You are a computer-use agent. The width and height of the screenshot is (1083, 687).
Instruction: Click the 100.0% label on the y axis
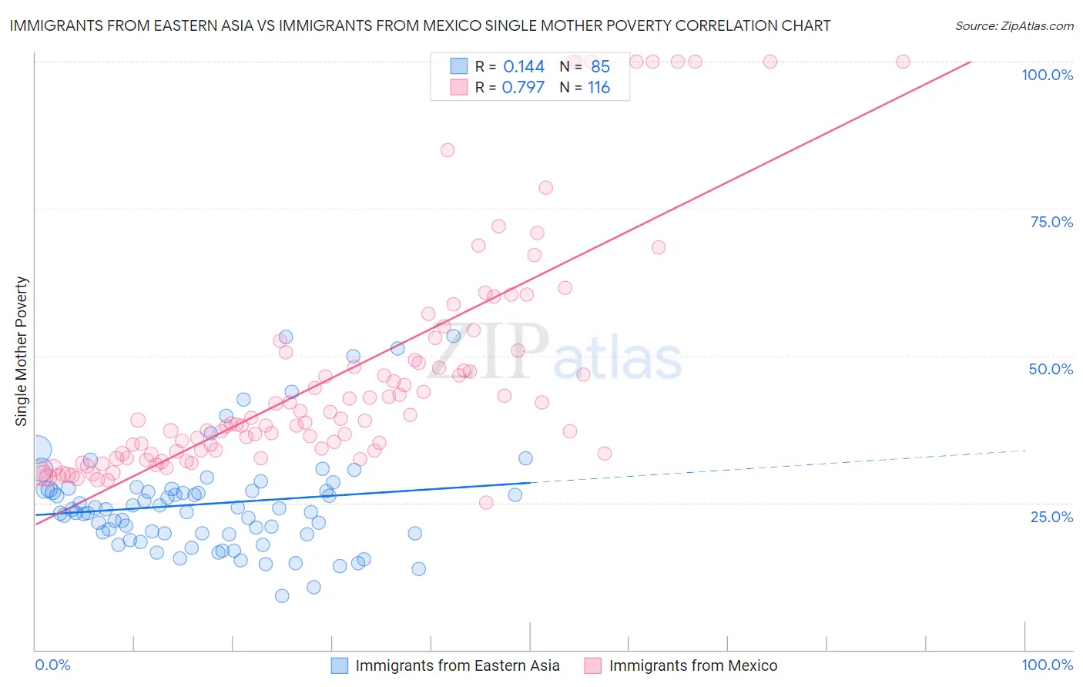(x=1047, y=75)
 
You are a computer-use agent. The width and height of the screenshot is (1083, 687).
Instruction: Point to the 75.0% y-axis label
(x=1051, y=222)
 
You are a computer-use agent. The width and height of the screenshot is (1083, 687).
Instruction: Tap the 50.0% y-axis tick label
(x=1051, y=369)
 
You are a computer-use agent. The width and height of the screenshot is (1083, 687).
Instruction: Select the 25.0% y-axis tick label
(x=1051, y=516)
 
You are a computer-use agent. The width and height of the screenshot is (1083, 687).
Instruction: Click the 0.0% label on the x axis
(x=52, y=665)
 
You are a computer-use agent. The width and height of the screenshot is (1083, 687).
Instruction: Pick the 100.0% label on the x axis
(x=1047, y=665)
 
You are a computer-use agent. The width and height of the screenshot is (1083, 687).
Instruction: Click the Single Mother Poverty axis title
(x=21, y=351)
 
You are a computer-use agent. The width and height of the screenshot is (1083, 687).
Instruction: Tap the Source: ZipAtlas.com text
(x=1014, y=25)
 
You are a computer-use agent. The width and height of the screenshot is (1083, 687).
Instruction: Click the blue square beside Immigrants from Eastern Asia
(x=340, y=665)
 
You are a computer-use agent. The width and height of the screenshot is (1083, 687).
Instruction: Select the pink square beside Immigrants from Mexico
(x=592, y=665)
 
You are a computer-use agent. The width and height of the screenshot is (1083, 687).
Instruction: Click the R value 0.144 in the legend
(x=524, y=67)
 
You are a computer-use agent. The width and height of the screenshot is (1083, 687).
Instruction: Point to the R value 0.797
(x=523, y=88)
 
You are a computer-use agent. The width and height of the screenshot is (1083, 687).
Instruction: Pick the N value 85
(x=600, y=67)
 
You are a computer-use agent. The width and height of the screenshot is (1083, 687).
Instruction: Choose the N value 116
(x=598, y=88)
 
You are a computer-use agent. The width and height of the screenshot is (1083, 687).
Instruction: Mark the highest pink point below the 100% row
(x=448, y=150)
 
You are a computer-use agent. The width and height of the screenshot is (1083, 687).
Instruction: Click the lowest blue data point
(x=282, y=596)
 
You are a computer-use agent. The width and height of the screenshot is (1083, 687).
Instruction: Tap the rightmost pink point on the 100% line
(x=903, y=62)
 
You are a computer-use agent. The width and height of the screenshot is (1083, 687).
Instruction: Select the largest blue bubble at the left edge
(x=38, y=450)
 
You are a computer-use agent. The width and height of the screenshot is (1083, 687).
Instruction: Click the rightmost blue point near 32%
(x=525, y=458)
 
